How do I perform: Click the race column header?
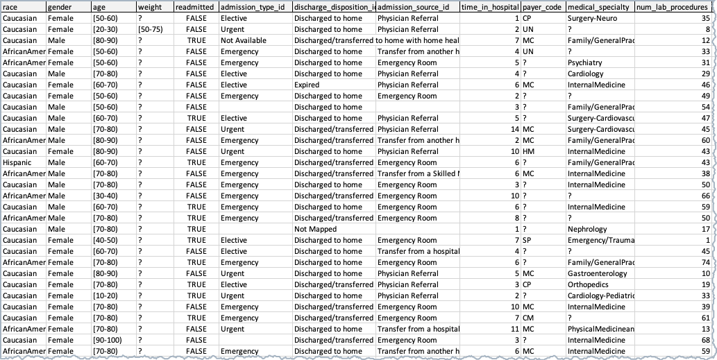pyautogui.click(x=23, y=7)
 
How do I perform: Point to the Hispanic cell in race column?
pyautogui.click(x=19, y=162)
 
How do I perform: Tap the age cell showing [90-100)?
pyautogui.click(x=108, y=340)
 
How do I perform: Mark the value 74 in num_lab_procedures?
pyautogui.click(x=705, y=262)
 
